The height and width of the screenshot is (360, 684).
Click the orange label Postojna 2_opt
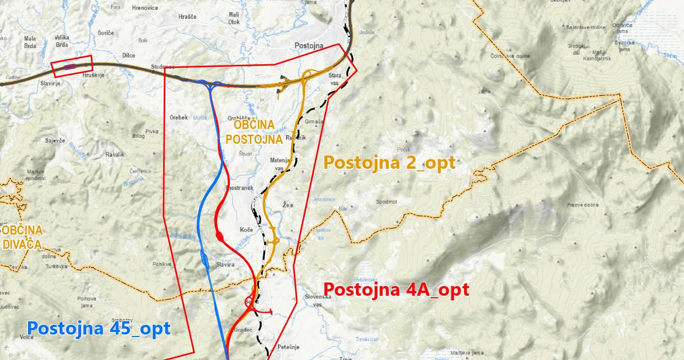click(x=389, y=163)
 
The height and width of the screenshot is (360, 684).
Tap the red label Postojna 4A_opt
click(x=396, y=290)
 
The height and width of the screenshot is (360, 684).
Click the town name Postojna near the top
click(x=309, y=45)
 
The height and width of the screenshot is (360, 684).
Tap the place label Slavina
click(x=225, y=265)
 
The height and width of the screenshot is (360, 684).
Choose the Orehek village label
click(x=179, y=117)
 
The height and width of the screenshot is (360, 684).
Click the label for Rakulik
click(x=115, y=154)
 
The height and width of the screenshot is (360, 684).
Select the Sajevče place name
click(x=55, y=140)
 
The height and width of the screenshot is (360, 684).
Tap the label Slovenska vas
click(x=318, y=300)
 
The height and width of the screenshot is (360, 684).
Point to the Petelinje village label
click(x=289, y=347)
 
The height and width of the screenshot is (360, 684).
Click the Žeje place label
click(x=288, y=204)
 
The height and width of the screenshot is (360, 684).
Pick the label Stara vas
click(x=335, y=79)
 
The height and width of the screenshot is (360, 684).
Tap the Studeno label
click(x=162, y=67)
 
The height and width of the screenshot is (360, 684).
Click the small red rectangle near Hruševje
click(x=72, y=66)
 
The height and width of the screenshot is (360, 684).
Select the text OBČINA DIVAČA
click(x=22, y=237)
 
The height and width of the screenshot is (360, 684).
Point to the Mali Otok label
click(x=234, y=18)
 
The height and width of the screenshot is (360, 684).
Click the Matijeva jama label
click(x=467, y=353)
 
